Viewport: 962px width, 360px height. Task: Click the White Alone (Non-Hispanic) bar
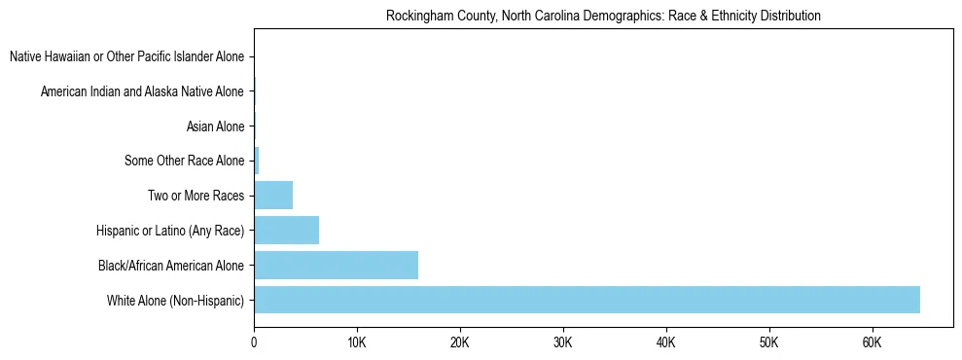pos(587,300)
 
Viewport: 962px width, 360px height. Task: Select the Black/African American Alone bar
pos(336,265)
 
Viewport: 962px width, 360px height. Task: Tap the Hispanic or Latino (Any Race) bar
pos(286,230)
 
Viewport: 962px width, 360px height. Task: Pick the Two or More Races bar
pos(273,196)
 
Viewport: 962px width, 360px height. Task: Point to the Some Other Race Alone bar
pos(257,161)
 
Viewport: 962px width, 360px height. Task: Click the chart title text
pos(603,16)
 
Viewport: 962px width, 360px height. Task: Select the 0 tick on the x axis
pos(254,342)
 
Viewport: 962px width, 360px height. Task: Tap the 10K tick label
pos(357,342)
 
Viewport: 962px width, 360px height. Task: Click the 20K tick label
pos(460,342)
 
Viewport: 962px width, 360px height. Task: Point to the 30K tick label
pos(563,342)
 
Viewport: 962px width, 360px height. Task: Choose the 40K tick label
pos(666,342)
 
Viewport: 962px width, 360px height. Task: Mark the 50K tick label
pos(769,342)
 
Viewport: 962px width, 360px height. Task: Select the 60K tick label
pos(873,342)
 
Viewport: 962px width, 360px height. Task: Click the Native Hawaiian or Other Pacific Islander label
pos(126,57)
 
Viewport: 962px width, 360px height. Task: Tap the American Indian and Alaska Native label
pos(142,91)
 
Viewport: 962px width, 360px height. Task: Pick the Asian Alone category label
pos(215,126)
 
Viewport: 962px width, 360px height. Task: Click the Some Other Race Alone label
pos(185,161)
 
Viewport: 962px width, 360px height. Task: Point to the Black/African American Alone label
pos(171,265)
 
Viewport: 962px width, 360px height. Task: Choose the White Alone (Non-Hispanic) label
pos(175,300)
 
